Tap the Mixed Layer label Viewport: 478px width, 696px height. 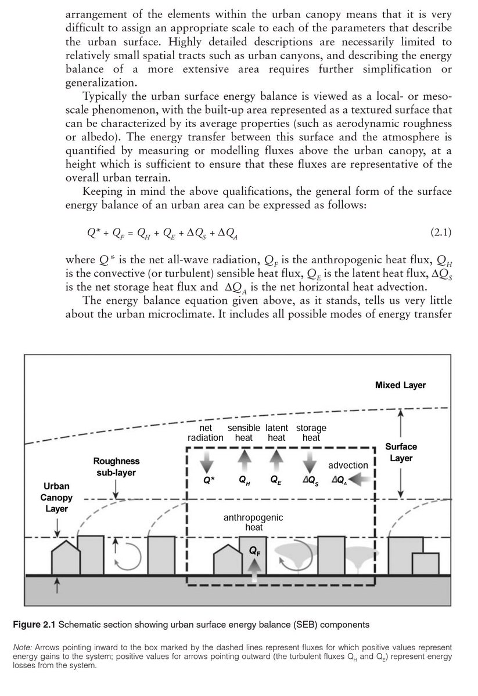coord(400,385)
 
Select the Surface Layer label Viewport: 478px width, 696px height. coord(401,452)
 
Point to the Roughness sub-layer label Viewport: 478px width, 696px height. coord(116,466)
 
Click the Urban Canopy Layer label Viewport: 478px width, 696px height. coord(57,498)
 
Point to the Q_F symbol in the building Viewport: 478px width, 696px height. coord(254,552)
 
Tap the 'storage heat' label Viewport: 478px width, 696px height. coord(311,433)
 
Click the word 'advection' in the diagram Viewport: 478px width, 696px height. coord(348,465)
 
